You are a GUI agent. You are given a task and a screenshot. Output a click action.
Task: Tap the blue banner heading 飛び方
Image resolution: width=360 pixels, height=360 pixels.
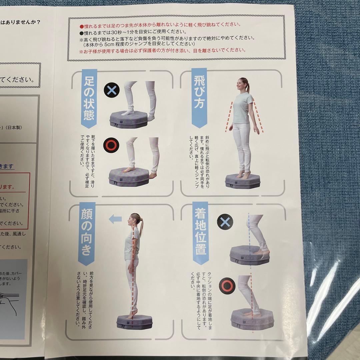199,97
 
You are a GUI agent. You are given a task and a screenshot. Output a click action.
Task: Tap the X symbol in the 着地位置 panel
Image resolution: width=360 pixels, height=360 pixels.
225,221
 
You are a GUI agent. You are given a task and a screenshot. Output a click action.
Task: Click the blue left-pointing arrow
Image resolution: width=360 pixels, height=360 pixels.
116,219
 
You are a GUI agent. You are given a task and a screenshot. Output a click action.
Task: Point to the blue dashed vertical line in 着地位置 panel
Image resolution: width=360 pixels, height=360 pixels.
249,233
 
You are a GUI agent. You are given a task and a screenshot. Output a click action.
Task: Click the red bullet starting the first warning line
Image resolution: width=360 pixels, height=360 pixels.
81,25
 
